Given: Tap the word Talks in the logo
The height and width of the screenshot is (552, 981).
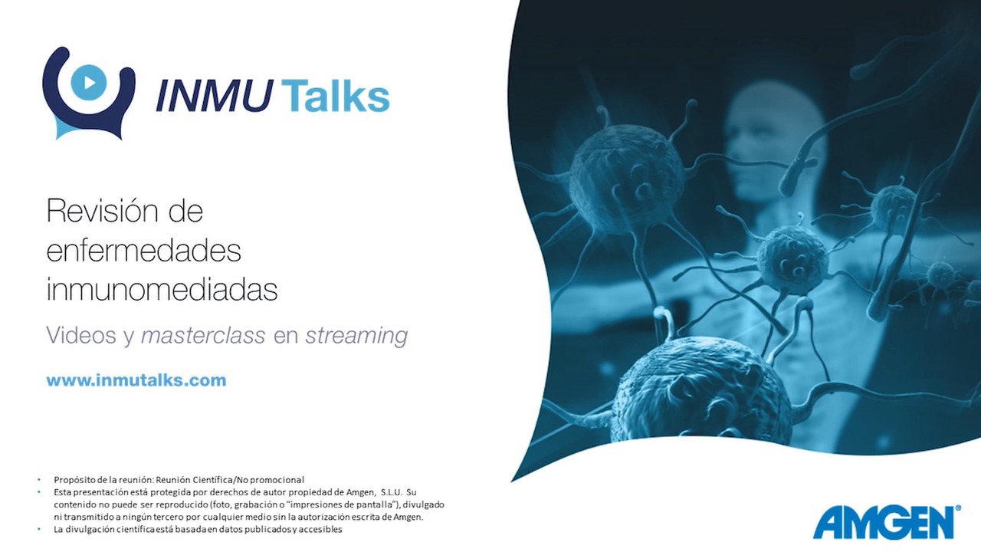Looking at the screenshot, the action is pyautogui.click(x=335, y=95).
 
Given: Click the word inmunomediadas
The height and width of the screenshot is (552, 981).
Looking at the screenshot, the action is pyautogui.click(x=162, y=289).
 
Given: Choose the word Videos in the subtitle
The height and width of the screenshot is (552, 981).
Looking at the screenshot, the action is pyautogui.click(x=81, y=336).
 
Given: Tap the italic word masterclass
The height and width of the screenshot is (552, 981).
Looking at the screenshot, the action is pyautogui.click(x=203, y=336).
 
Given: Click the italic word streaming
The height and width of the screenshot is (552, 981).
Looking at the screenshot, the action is pyautogui.click(x=356, y=337).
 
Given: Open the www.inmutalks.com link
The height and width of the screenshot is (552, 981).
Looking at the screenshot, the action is pyautogui.click(x=136, y=380).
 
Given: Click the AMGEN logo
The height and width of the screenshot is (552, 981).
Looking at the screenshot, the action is pyautogui.click(x=884, y=522).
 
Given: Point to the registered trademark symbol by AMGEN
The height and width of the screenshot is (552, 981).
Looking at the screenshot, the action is pyautogui.click(x=958, y=508).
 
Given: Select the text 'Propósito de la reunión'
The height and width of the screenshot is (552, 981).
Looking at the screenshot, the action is pyautogui.click(x=103, y=480).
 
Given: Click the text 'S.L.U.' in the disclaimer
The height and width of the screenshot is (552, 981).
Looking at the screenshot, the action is pyautogui.click(x=392, y=492).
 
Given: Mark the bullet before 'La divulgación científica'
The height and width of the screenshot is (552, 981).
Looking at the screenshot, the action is pyautogui.click(x=38, y=529).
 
